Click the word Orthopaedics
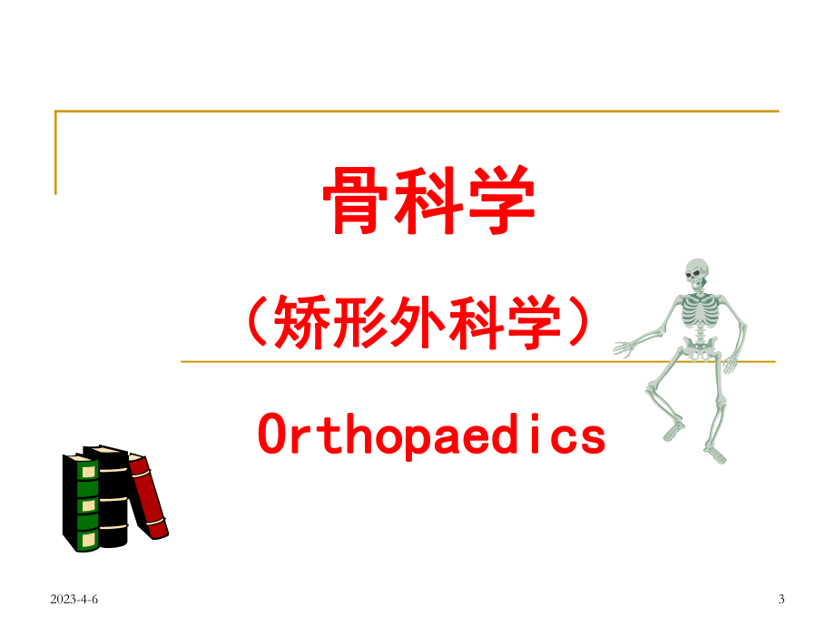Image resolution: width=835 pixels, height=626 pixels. [x=431, y=434]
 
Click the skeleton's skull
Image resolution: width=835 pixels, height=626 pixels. [x=696, y=272]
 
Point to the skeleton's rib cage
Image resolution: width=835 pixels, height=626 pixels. [x=701, y=313]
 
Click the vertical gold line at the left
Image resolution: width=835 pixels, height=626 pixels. [x=55, y=152]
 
